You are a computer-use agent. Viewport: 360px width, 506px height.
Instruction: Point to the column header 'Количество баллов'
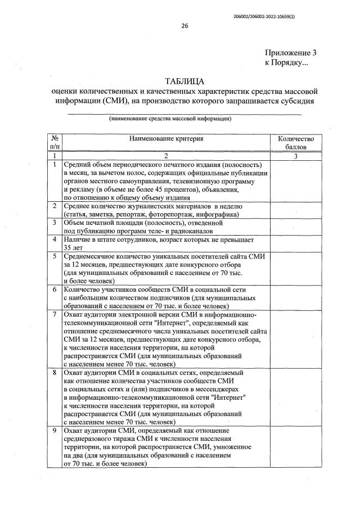coord(296,143)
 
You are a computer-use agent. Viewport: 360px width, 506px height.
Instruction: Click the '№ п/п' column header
coord(55,143)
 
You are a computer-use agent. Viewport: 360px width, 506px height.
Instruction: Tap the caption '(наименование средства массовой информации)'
coord(170,119)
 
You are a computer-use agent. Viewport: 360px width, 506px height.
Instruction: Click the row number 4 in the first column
coord(55,239)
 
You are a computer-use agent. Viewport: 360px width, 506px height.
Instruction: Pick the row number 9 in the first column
coord(55,430)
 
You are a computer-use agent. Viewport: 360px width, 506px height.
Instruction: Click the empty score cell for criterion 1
coord(296,181)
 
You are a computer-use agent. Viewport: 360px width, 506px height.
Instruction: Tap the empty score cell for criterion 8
coord(296,397)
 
